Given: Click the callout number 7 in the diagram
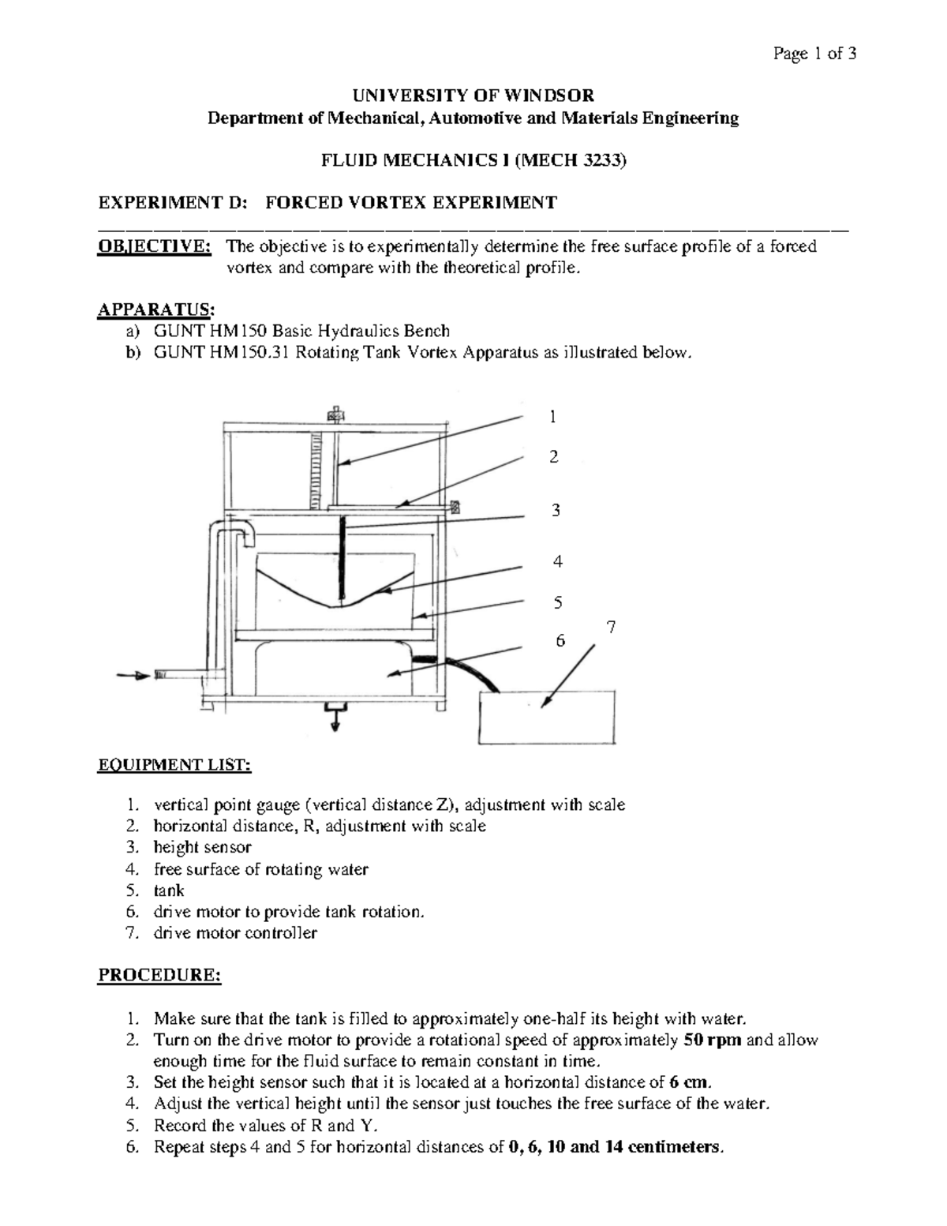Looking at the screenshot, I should [611, 628].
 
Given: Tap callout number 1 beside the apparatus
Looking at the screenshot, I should [554, 416].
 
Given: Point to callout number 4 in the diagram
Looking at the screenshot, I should [558, 562].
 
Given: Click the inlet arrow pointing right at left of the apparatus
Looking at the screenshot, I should [132, 675].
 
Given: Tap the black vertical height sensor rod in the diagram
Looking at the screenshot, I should [342, 557].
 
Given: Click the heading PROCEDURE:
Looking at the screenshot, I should [159, 976].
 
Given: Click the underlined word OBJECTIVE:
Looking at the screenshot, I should [154, 246].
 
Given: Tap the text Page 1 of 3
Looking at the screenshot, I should [815, 54].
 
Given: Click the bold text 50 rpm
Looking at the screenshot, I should [713, 1040].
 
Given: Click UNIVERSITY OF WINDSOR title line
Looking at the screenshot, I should [473, 96].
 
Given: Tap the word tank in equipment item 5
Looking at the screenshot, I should [169, 890].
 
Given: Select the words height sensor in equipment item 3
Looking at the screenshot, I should [203, 848].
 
